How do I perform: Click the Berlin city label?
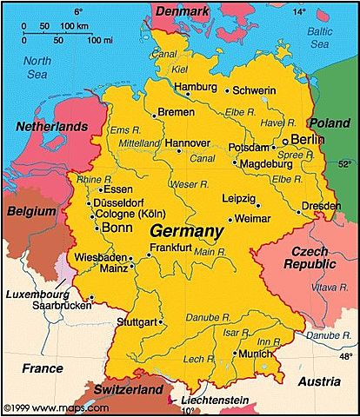click(307, 139)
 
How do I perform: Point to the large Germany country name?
click(186, 232)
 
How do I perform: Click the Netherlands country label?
click(51, 127)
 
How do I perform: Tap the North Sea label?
click(37, 68)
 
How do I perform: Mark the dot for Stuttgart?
click(162, 321)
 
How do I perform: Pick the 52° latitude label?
click(345, 162)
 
